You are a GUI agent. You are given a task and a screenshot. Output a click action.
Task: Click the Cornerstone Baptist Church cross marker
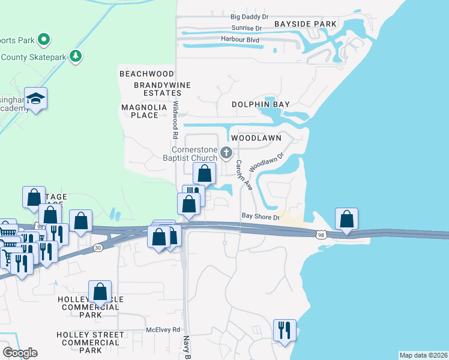pyautogui.click(x=226, y=153)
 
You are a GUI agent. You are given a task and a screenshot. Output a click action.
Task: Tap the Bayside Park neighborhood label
pyautogui.click(x=306, y=24)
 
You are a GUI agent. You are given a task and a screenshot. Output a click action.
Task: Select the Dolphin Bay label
pyautogui.click(x=261, y=104)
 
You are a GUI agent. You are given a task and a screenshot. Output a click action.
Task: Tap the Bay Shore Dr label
pyautogui.click(x=261, y=217)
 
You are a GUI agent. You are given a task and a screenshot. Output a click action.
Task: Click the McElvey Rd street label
pyautogui.click(x=163, y=330)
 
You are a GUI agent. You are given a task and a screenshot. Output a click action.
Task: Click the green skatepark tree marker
pyautogui.click(x=76, y=56)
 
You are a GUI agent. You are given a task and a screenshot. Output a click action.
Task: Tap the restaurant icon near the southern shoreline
pyautogui.click(x=285, y=329)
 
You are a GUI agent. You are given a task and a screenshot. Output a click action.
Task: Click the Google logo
pyautogui.click(x=20, y=352)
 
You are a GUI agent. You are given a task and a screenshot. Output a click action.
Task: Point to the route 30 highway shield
pyautogui.click(x=98, y=247)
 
